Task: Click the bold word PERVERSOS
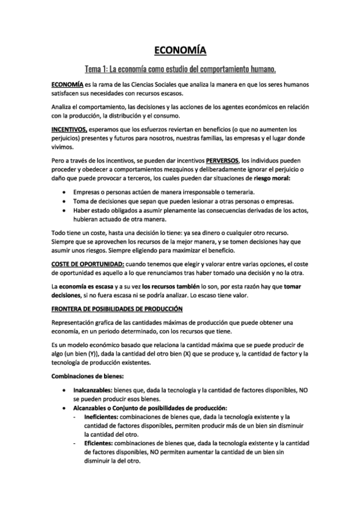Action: [x=222, y=161]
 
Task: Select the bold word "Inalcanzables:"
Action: [x=93, y=390]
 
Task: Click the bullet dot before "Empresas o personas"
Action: [x=65, y=191]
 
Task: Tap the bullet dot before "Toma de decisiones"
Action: [x=65, y=200]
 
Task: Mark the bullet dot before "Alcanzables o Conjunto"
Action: [x=65, y=408]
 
